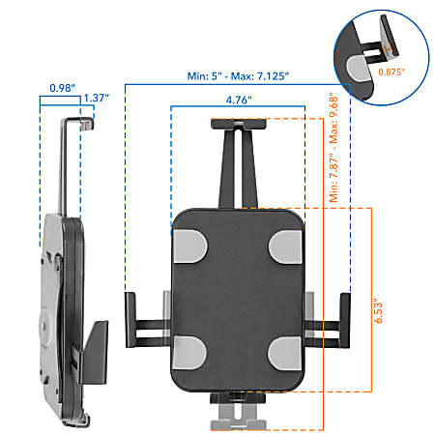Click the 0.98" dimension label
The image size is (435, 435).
(63, 87)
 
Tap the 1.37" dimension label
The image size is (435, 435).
(95, 98)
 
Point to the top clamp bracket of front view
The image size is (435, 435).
(239, 126)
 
